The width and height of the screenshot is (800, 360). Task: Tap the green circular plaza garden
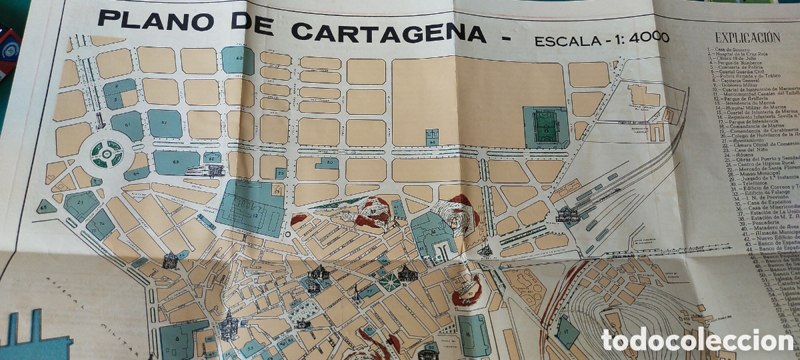(x=107, y=153)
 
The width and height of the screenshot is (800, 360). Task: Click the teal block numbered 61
(x=127, y=125)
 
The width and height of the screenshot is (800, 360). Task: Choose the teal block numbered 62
(x=165, y=123)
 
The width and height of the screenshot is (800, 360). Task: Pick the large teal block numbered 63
(x=175, y=162)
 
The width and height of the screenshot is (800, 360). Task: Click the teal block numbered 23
(x=81, y=204)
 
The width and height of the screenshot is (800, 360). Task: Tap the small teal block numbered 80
(x=328, y=163)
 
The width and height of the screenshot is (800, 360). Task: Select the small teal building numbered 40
(x=432, y=138)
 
